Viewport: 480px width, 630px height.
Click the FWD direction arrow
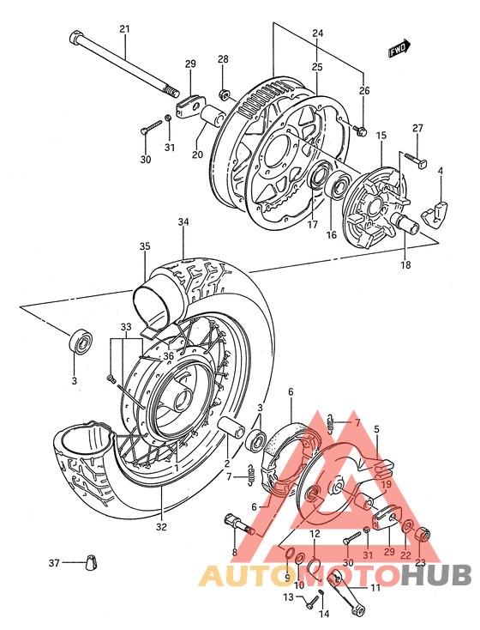pos(399,49)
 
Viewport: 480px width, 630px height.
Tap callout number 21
pos(124,30)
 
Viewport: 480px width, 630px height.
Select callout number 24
pos(317,33)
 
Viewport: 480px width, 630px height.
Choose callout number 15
pos(381,135)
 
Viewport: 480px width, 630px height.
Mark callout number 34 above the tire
pos(183,223)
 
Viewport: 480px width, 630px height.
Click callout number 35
pos(144,246)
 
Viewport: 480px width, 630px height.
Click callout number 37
pos(54,563)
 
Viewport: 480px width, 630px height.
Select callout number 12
pos(315,534)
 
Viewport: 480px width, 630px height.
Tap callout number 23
pos(420,563)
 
